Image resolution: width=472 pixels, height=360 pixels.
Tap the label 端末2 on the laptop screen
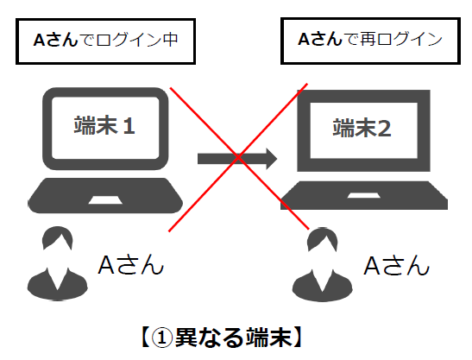(363, 129)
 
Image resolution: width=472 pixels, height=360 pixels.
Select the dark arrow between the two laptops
(236, 158)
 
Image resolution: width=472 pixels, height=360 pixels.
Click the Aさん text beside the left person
(130, 263)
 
